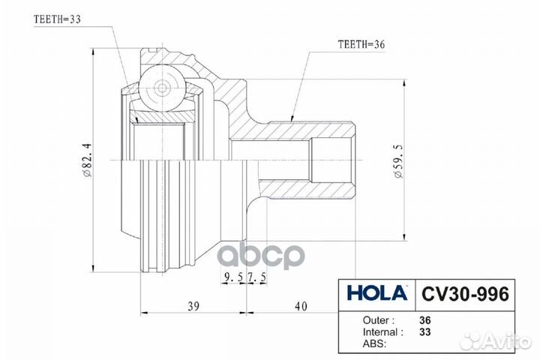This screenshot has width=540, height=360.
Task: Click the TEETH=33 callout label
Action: [58, 20]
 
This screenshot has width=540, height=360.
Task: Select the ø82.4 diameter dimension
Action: [88, 160]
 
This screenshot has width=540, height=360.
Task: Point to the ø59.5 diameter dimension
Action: [398, 160]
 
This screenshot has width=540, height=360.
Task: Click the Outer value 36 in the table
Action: [425, 318]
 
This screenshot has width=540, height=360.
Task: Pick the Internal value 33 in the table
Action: [425, 331]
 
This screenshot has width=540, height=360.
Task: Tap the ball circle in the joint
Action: [162, 86]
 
